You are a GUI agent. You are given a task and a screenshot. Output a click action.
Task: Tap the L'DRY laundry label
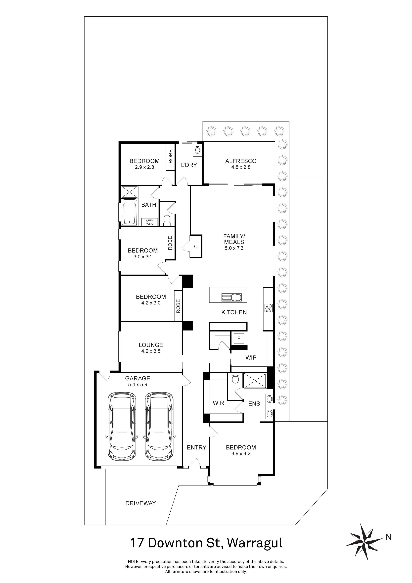click(x=189, y=165)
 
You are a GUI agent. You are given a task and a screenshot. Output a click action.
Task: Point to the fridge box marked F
click(x=238, y=339)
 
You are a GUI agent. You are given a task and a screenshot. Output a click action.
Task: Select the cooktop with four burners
click(x=268, y=308)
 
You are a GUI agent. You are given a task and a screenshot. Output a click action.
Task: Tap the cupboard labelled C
click(x=196, y=246)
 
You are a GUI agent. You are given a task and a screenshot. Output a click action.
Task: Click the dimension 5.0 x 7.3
click(x=234, y=248)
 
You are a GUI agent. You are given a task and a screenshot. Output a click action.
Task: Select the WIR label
click(x=218, y=403)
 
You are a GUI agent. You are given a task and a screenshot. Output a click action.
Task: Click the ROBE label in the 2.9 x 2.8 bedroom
click(x=171, y=156)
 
